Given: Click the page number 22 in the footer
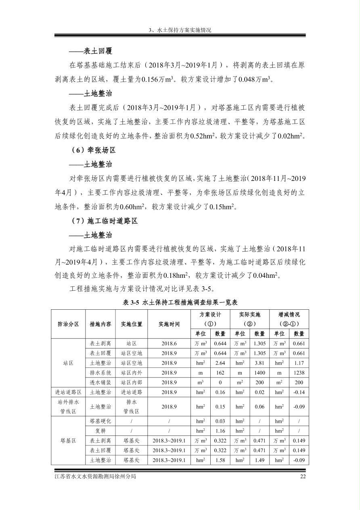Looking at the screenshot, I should (x=303, y=476).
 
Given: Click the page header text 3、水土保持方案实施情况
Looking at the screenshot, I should (x=180, y=30).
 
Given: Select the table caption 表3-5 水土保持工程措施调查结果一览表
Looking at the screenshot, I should (x=180, y=302).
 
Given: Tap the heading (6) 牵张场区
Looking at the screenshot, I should (x=93, y=150).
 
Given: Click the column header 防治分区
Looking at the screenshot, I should (x=68, y=324).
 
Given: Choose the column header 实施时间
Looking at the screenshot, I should (x=169, y=324).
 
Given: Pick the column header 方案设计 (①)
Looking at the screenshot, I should (x=210, y=319).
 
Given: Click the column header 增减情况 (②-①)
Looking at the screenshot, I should (x=289, y=319).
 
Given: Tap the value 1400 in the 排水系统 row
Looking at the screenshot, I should (x=260, y=373).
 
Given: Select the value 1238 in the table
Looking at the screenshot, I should (x=299, y=373).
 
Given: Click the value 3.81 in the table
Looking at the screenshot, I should (x=260, y=363).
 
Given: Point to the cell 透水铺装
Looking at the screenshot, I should (x=100, y=382).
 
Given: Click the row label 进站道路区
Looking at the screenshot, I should (x=68, y=392).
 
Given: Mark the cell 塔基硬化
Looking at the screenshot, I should (x=100, y=421).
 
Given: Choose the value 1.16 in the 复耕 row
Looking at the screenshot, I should (x=220, y=431).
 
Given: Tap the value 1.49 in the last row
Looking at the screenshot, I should (x=260, y=460).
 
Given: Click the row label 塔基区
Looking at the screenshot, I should (x=68, y=441).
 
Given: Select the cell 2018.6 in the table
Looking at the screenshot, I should (x=169, y=344).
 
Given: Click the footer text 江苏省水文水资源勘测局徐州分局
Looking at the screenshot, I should (x=95, y=476).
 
